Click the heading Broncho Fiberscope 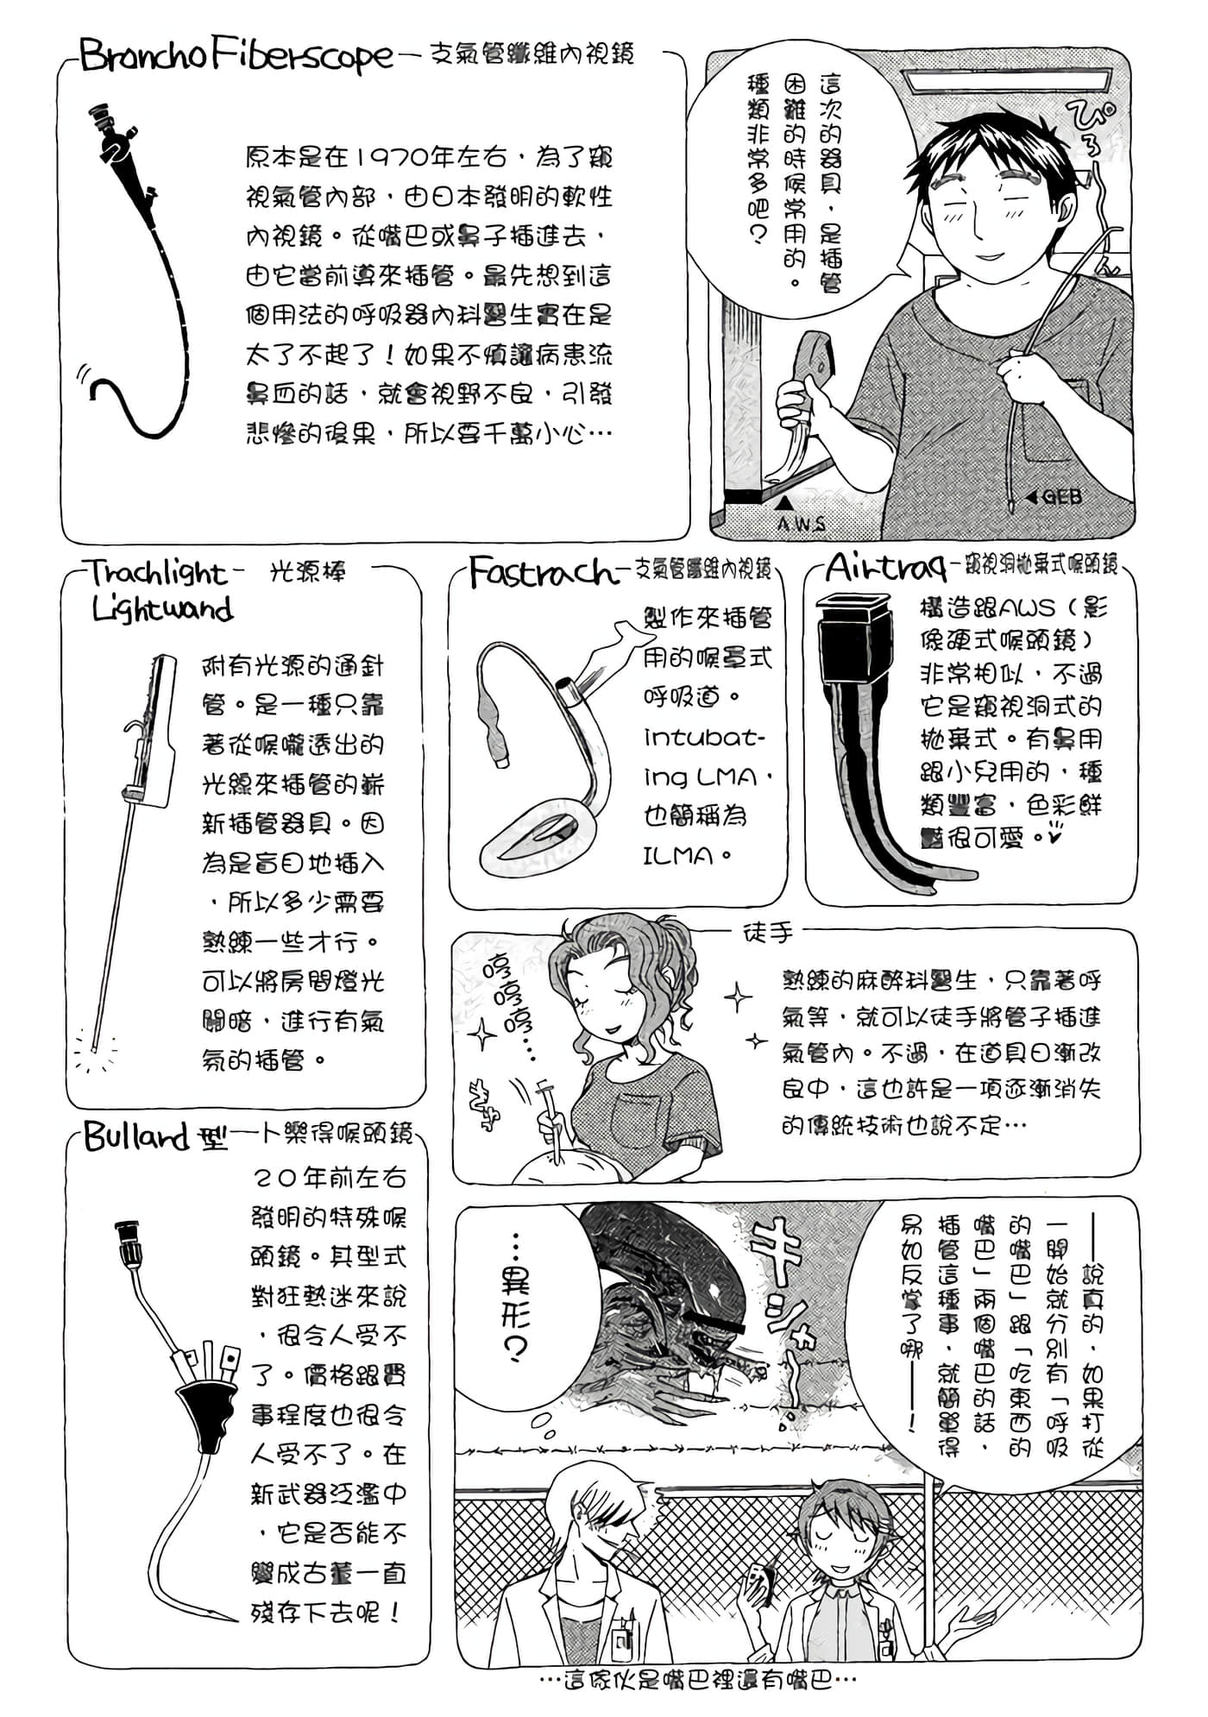235,58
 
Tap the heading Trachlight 157,573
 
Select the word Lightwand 162,609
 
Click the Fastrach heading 542,572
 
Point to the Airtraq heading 884,569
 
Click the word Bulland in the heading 135,1137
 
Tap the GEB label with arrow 1054,497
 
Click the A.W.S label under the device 801,524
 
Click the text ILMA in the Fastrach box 679,856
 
